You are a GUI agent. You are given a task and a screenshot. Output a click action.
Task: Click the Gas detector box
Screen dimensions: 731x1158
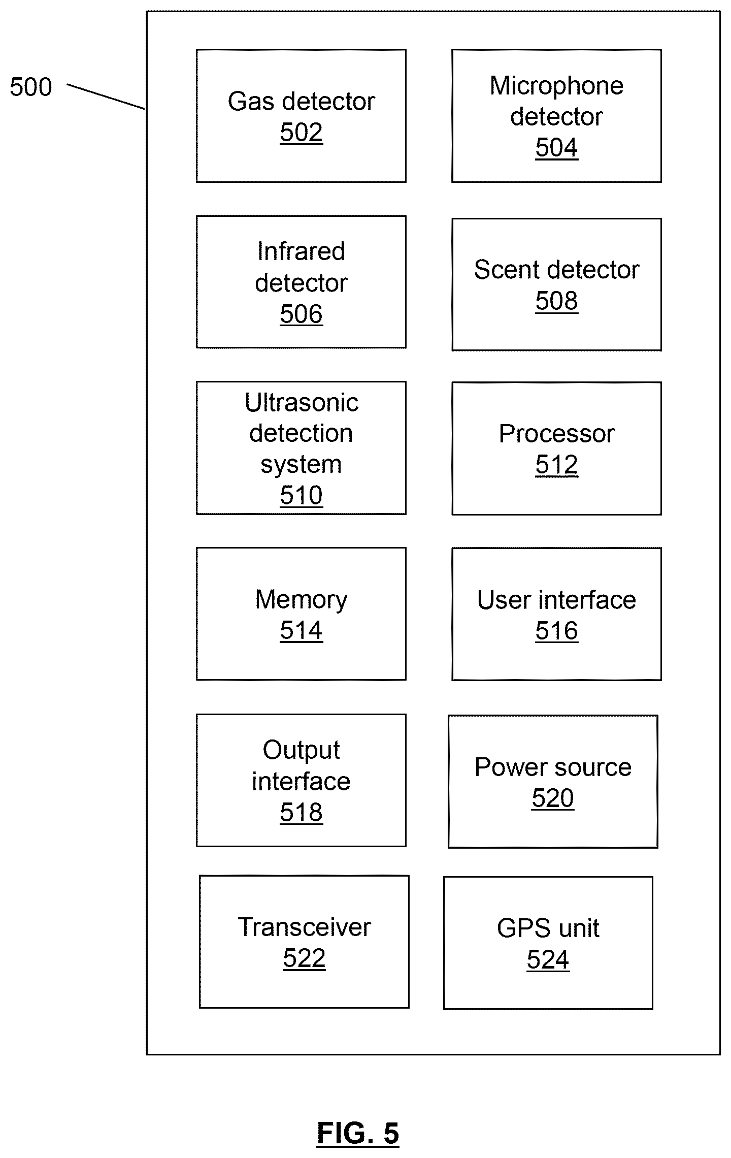pos(301,116)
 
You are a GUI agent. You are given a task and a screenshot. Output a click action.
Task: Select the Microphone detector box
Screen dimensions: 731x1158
pos(556,116)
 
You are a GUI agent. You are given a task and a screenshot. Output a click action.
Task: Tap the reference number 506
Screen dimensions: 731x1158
pos(301,314)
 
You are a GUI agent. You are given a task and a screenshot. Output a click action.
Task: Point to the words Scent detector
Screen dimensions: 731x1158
pos(556,270)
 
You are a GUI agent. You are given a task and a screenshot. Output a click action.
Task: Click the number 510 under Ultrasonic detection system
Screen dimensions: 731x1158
pos(301,495)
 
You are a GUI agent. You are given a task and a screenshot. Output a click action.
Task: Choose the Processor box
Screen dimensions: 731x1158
pos(556,448)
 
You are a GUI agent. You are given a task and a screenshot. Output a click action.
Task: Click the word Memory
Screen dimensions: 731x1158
pos(301,599)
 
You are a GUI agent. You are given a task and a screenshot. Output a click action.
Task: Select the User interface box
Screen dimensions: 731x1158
pos(556,614)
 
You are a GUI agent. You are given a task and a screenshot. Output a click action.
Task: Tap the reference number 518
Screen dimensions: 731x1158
pos(301,812)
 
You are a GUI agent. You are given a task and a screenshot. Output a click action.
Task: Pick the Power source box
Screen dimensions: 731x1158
pos(553,782)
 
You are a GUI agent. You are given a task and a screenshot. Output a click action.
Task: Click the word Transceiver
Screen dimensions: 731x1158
pos(304,927)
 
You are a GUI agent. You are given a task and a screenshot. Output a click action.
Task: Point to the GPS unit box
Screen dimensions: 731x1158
pos(548,943)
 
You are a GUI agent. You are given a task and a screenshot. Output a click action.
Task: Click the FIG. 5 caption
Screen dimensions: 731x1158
pos(358,1133)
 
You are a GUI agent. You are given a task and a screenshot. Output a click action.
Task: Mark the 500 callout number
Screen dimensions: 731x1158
pos(31,87)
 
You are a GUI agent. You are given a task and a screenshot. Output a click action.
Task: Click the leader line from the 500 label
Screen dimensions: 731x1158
pos(106,96)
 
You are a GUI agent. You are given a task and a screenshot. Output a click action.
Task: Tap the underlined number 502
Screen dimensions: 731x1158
pos(301,133)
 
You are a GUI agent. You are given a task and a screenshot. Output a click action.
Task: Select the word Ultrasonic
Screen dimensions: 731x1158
pos(302,403)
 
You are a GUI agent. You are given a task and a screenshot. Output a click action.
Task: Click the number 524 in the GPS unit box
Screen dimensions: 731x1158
pos(548,959)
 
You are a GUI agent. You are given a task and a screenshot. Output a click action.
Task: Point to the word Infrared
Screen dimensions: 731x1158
pos(301,251)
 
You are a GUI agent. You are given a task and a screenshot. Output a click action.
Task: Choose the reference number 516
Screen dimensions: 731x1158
pos(556,631)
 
